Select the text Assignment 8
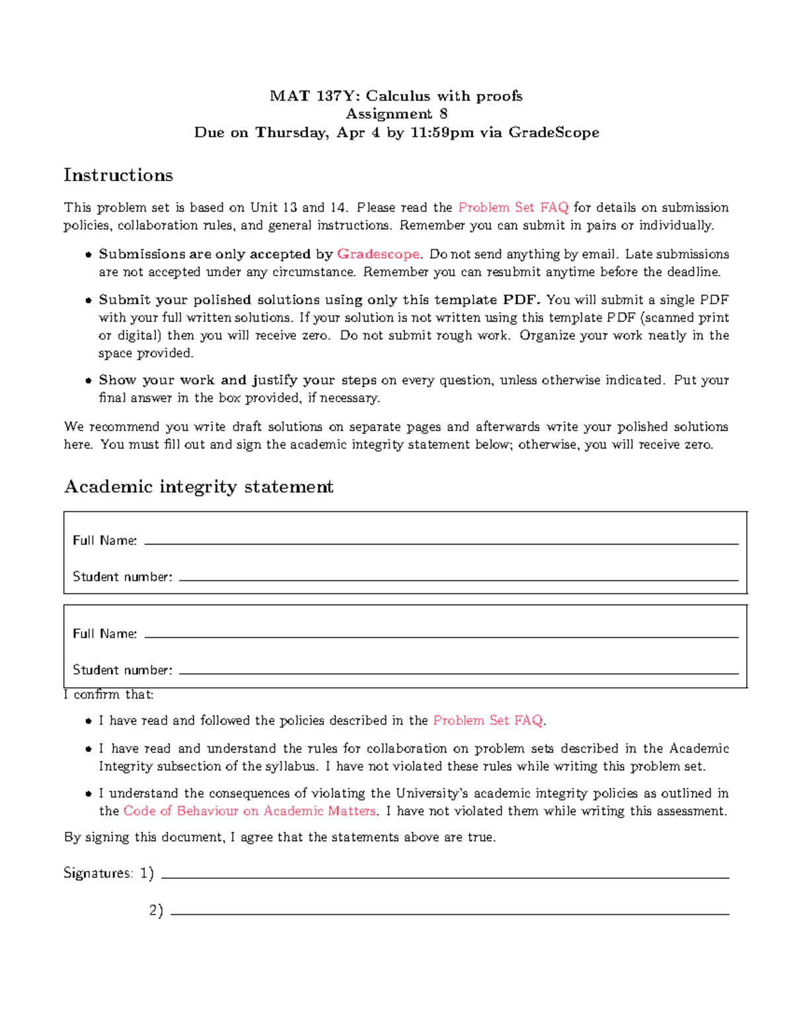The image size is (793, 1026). (397, 114)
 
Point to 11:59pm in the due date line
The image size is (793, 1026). (442, 133)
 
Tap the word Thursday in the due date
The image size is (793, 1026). (291, 133)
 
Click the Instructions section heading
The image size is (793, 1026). (118, 175)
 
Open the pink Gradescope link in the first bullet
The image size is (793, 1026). (378, 254)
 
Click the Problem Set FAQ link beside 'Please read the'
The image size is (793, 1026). (513, 207)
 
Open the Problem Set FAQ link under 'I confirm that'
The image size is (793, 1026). (488, 721)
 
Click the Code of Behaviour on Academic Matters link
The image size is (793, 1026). (250, 811)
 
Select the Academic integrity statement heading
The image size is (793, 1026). (198, 487)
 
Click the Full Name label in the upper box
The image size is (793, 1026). (104, 540)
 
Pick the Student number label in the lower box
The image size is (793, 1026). (122, 670)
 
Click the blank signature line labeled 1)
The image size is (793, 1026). (445, 877)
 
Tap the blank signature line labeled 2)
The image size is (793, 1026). (449, 913)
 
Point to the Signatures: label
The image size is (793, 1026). (98, 873)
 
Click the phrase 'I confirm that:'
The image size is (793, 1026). (108, 694)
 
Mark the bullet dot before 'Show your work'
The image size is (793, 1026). (88, 381)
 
